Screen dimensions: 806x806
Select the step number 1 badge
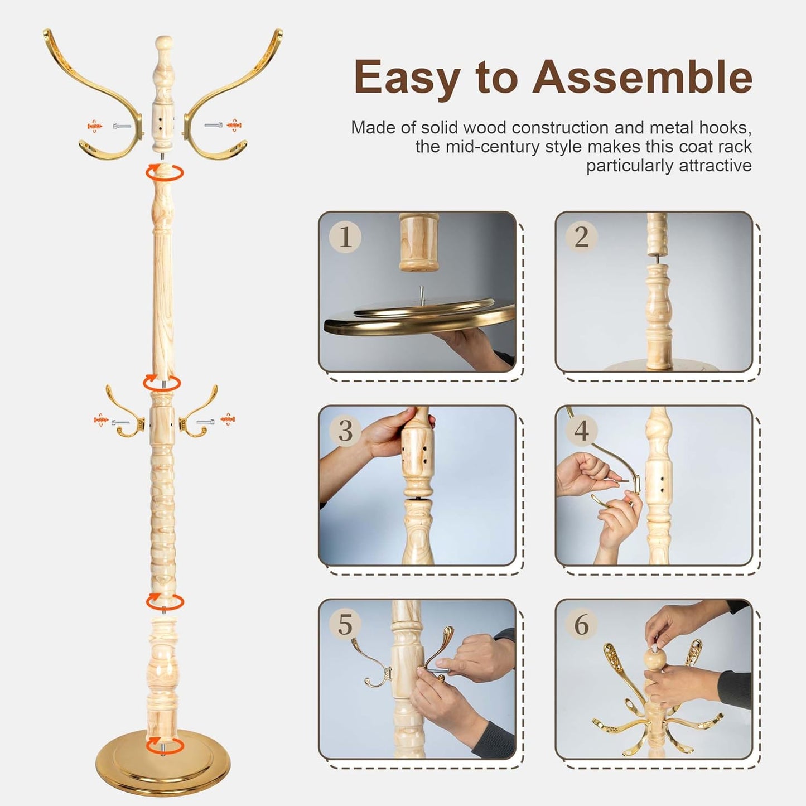pyautogui.click(x=345, y=237)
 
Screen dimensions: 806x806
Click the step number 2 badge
pyautogui.click(x=581, y=237)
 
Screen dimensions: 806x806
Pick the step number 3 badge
pyautogui.click(x=345, y=431)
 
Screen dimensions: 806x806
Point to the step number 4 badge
pyautogui.click(x=581, y=431)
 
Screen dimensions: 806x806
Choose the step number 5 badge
pyautogui.click(x=345, y=624)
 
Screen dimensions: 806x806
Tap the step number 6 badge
pyautogui.click(x=581, y=624)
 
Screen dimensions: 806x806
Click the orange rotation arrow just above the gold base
pyautogui.click(x=164, y=744)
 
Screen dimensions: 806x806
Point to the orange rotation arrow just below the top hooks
pyautogui.click(x=164, y=172)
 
